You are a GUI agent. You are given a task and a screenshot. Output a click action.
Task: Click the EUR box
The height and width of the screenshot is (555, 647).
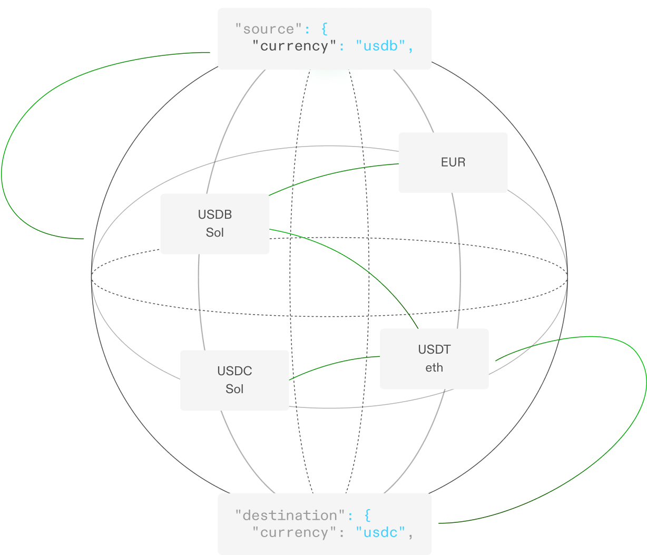click(x=453, y=162)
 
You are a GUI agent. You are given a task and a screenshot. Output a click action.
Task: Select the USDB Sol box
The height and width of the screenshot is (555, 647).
click(x=214, y=223)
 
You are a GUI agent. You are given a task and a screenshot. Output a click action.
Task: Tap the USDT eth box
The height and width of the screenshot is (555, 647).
click(x=434, y=359)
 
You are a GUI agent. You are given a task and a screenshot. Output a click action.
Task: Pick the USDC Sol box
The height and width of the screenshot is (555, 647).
click(x=234, y=380)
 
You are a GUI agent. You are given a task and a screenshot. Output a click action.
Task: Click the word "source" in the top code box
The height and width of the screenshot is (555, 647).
click(x=269, y=29)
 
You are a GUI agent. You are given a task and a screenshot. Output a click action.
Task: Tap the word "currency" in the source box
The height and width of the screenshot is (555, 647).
click(x=294, y=46)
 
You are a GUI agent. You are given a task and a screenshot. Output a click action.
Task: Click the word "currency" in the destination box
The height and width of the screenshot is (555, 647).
click(x=294, y=532)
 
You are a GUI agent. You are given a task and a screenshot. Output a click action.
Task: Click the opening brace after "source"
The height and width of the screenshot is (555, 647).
click(x=324, y=29)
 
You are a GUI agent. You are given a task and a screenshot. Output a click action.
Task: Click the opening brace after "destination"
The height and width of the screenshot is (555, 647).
click(x=367, y=515)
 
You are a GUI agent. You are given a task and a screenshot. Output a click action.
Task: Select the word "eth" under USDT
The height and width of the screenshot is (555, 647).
click(x=434, y=368)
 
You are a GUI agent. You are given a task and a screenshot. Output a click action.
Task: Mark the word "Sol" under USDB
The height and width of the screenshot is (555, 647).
click(x=214, y=232)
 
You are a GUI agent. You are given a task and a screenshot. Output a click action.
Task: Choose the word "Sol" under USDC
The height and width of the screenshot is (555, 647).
click(x=234, y=389)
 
